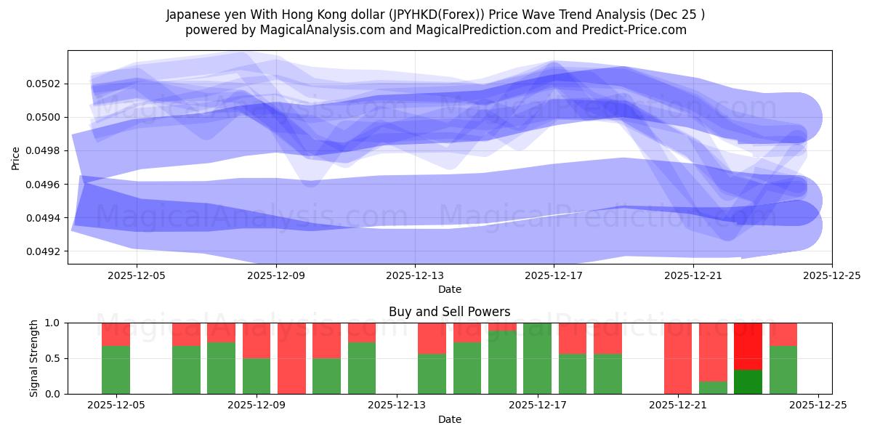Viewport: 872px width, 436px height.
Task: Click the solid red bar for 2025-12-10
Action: click(291, 358)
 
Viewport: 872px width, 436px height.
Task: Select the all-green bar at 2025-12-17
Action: click(537, 358)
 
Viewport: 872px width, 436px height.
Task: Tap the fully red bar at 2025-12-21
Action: click(677, 358)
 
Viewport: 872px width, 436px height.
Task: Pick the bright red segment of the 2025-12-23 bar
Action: click(748, 346)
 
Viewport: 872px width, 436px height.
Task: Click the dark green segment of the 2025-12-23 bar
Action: click(748, 381)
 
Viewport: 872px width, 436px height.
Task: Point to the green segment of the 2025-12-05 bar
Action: click(116, 370)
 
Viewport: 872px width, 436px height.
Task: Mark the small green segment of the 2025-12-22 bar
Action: click(713, 387)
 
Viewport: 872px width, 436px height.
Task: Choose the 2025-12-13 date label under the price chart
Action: click(415, 275)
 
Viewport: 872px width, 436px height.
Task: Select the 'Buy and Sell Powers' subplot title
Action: click(449, 312)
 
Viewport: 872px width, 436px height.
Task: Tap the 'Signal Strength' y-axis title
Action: click(34, 358)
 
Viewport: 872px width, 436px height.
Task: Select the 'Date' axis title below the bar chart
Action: click(449, 419)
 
